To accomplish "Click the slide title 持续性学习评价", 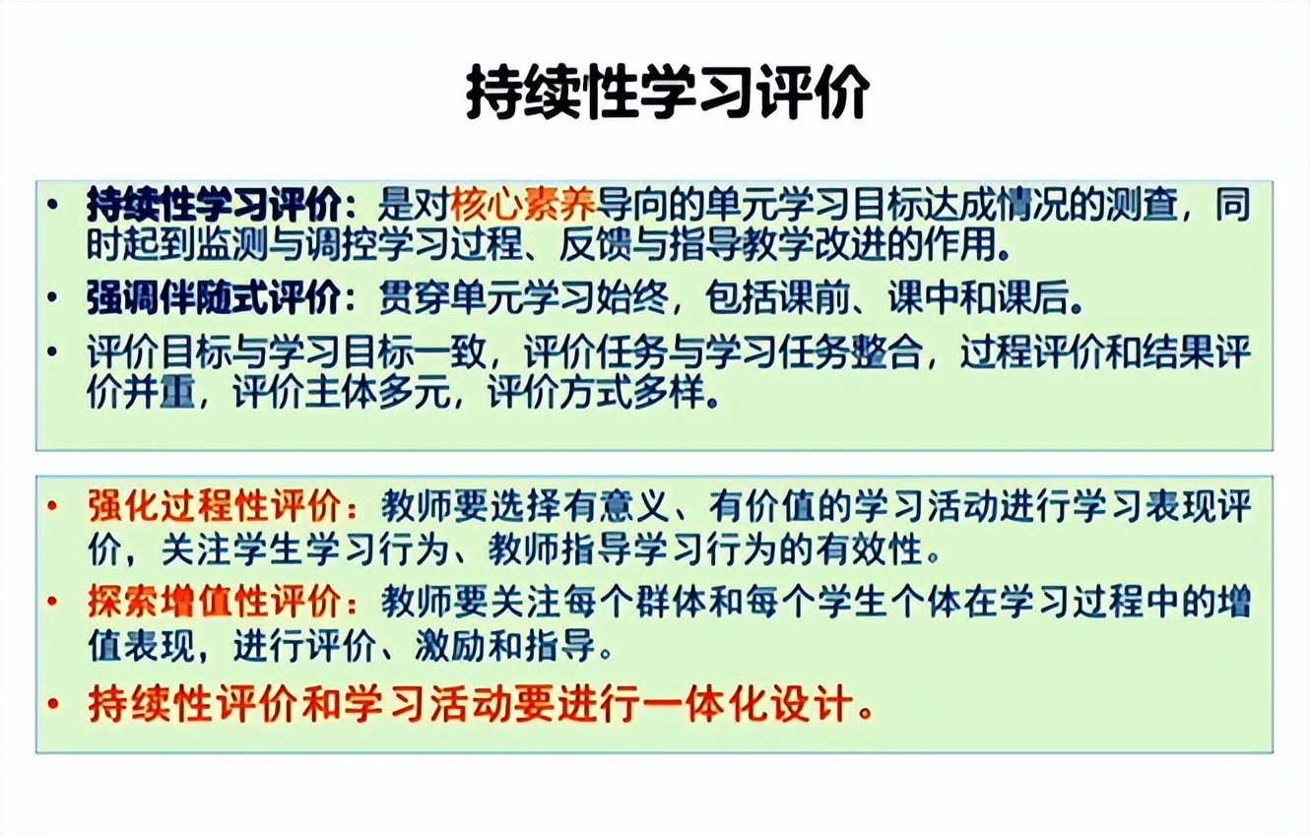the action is click(x=668, y=93).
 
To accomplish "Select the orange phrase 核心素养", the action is click(x=523, y=204).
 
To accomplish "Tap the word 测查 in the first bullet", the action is click(x=1143, y=204).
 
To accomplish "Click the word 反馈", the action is click(x=596, y=244).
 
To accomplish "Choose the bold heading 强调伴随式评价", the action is click(x=214, y=297).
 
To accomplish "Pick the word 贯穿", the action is click(x=416, y=297).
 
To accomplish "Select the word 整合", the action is click(x=887, y=352).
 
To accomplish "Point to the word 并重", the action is click(x=160, y=392).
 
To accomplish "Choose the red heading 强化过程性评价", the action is click(x=214, y=506).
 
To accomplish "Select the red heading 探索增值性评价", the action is click(x=214, y=601).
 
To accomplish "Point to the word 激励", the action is click(x=450, y=645).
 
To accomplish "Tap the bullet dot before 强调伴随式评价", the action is click(x=52, y=297).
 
